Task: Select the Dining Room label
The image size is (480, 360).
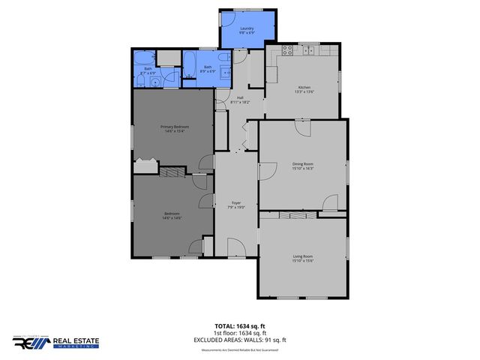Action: point(302,165)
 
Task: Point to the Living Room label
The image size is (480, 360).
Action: point(302,259)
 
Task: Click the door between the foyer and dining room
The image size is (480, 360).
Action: point(266,170)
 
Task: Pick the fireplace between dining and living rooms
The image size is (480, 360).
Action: point(289,215)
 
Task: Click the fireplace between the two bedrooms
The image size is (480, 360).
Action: point(172,172)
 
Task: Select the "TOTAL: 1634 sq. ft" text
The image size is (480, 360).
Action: point(240,326)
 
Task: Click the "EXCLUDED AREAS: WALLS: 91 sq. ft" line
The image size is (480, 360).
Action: point(240,340)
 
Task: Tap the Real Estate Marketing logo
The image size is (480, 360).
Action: point(55,343)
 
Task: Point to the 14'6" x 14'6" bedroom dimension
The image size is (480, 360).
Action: point(172,218)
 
